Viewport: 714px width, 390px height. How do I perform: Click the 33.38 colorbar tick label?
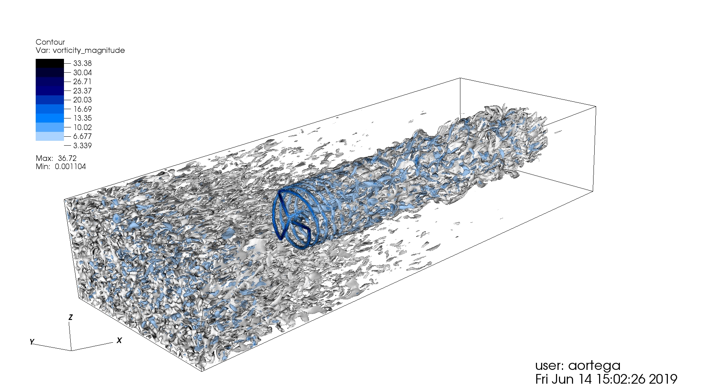tap(82, 63)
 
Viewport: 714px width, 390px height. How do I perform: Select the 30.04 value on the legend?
tap(82, 73)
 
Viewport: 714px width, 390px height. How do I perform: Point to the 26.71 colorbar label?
tap(82, 82)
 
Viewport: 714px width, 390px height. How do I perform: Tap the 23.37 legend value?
tap(82, 91)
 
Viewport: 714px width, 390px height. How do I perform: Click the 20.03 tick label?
tap(82, 100)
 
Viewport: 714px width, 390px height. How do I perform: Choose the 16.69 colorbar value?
tap(82, 109)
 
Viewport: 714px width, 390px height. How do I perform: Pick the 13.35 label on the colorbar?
tap(82, 118)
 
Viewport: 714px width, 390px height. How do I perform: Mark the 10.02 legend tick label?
tap(82, 127)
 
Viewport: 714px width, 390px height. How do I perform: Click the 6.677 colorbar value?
tap(82, 136)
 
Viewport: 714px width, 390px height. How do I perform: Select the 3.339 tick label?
tap(82, 146)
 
